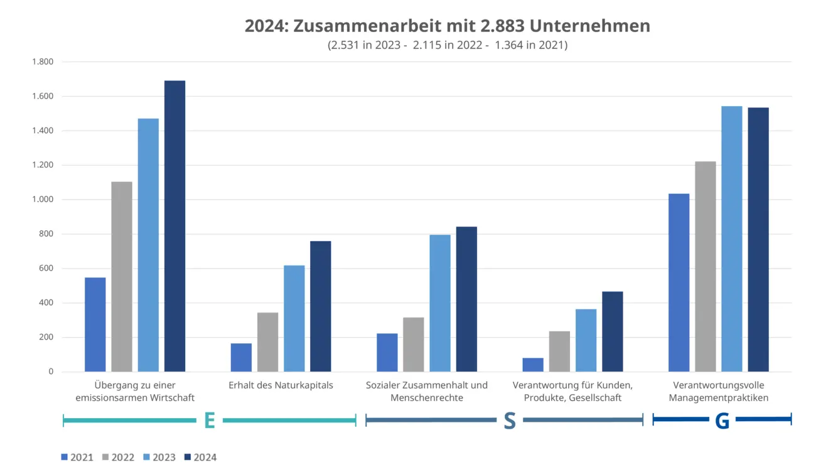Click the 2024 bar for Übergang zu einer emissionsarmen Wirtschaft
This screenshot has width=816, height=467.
(174, 226)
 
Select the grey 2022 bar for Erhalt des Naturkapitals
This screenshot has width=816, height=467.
(267, 342)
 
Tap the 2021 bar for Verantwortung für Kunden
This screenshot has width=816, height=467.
(533, 365)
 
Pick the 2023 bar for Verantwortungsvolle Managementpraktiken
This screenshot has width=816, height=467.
(731, 239)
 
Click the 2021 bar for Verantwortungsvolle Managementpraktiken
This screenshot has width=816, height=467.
(679, 282)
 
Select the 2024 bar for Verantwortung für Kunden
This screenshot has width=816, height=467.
(612, 331)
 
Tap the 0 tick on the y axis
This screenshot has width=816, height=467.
(51, 372)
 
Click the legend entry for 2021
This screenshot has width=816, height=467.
(77, 457)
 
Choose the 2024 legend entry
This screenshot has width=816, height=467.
(200, 457)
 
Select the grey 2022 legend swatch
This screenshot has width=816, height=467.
(106, 457)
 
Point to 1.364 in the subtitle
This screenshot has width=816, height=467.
(510, 45)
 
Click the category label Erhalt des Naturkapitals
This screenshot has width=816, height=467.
(281, 385)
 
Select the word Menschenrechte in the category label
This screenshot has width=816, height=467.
(427, 398)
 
